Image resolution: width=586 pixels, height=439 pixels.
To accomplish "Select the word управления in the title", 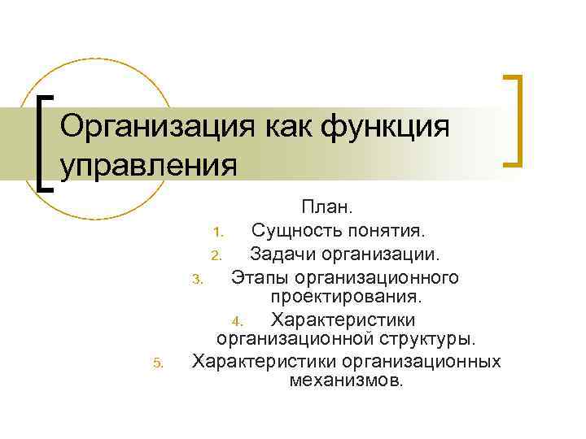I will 149,165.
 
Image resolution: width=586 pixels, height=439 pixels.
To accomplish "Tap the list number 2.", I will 216,255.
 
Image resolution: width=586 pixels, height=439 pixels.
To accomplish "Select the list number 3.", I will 195,281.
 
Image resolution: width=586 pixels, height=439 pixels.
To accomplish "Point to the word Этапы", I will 258,278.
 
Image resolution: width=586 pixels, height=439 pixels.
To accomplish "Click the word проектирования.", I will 346,298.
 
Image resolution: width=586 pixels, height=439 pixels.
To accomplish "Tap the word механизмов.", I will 346,380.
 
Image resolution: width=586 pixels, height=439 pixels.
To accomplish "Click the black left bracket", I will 46,143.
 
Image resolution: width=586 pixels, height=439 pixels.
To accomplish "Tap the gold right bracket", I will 513,120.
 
